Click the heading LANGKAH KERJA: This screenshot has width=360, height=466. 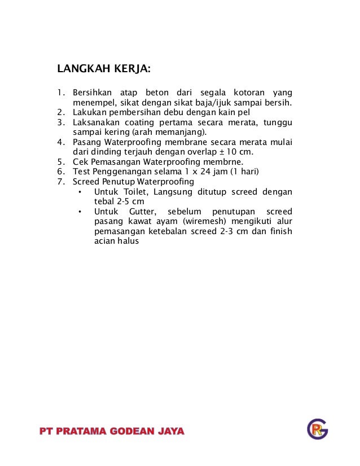click(x=104, y=70)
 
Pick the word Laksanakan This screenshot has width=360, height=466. click(x=94, y=122)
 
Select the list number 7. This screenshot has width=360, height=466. click(x=60, y=182)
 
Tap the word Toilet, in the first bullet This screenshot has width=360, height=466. click(x=134, y=192)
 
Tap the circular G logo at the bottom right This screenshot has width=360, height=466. click(x=317, y=429)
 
